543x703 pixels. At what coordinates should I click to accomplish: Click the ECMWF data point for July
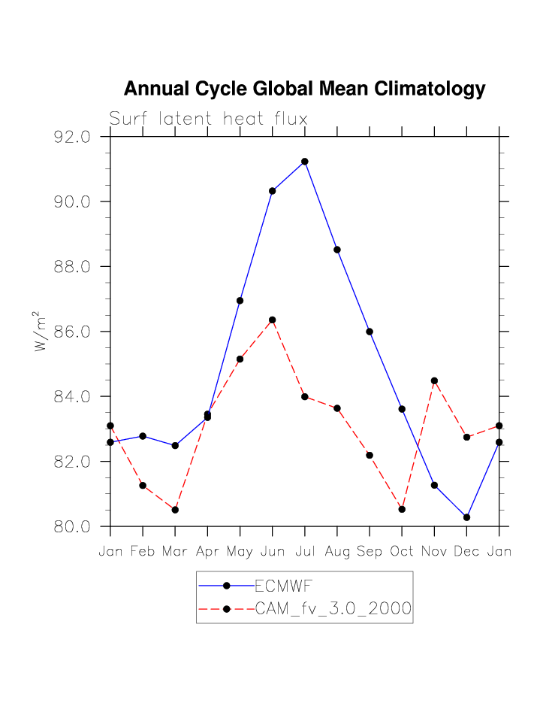pyautogui.click(x=305, y=162)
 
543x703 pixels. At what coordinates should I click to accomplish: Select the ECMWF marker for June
pyautogui.click(x=273, y=191)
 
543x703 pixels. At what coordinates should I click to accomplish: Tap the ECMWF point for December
pyautogui.click(x=466, y=517)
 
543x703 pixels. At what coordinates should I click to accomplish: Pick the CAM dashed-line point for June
pyautogui.click(x=273, y=320)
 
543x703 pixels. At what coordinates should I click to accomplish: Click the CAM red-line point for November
pyautogui.click(x=434, y=380)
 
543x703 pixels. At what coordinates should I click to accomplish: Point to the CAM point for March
pyautogui.click(x=175, y=510)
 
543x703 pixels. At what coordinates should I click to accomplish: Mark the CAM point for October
pyautogui.click(x=402, y=510)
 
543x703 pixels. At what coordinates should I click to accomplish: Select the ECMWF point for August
pyautogui.click(x=337, y=250)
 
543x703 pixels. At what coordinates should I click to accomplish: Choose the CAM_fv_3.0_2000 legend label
pyautogui.click(x=333, y=609)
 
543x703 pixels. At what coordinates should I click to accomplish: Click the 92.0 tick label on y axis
pyautogui.click(x=72, y=138)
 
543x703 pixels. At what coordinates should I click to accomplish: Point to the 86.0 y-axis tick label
pyautogui.click(x=72, y=332)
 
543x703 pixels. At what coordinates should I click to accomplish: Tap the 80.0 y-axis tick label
pyautogui.click(x=72, y=527)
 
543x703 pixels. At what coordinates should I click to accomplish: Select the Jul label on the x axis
pyautogui.click(x=305, y=553)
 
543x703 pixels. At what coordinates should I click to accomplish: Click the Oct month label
pyautogui.click(x=402, y=553)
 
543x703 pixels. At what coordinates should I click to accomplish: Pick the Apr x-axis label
pyautogui.click(x=207, y=553)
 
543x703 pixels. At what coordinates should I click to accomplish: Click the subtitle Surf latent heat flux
pyautogui.click(x=208, y=119)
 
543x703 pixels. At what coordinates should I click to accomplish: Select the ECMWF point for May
pyautogui.click(x=240, y=301)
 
